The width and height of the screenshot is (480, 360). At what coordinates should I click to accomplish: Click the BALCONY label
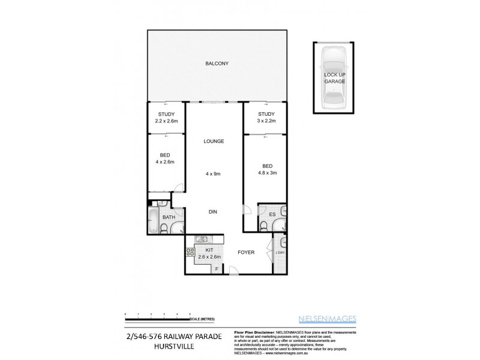click(x=217, y=64)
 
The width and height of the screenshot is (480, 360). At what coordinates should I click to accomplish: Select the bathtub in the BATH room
click(x=153, y=221)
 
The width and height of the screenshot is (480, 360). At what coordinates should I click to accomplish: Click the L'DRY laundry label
click(x=280, y=253)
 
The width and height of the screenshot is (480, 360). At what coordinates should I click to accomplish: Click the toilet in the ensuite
click(x=265, y=226)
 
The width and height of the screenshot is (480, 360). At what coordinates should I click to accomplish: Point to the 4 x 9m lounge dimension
click(x=214, y=174)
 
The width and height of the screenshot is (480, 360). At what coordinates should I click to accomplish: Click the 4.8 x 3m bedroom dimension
click(x=267, y=173)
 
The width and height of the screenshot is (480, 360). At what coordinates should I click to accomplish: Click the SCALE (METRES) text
click(x=203, y=319)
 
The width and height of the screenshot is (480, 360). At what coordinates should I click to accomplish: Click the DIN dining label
click(x=212, y=212)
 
